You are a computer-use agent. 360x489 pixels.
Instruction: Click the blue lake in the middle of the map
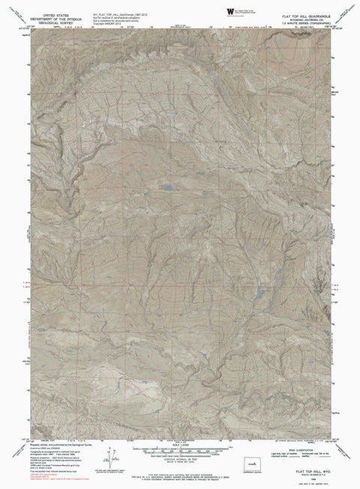click(x=168, y=184)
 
